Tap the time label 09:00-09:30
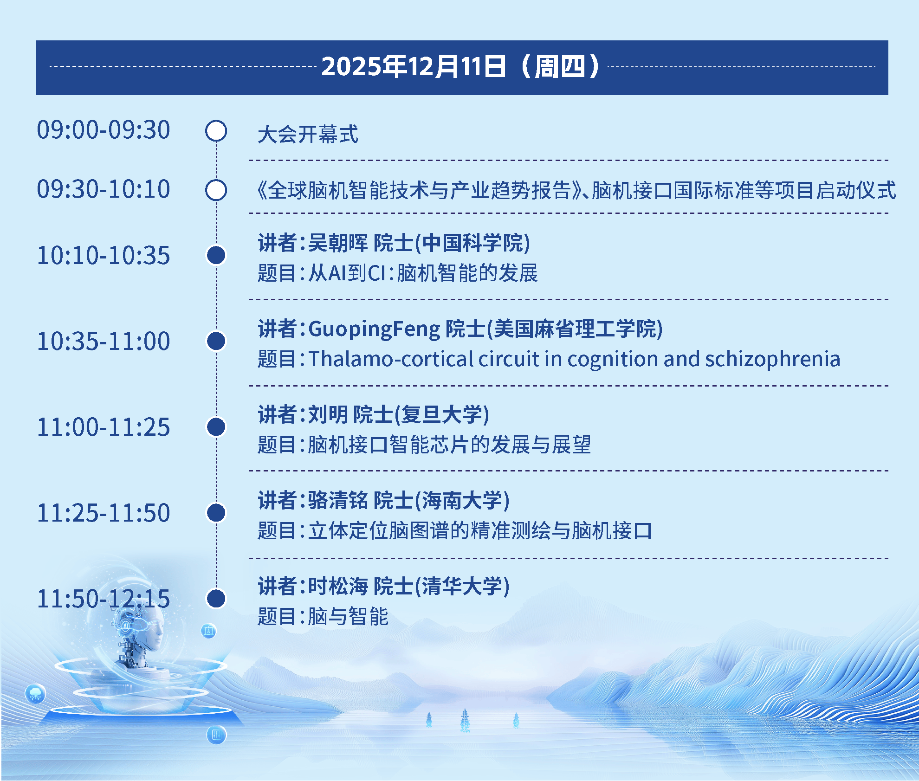tap(104, 130)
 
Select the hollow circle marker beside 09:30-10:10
tap(216, 190)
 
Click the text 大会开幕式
tap(308, 135)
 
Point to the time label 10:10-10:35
tap(104, 256)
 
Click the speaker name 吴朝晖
tap(337, 243)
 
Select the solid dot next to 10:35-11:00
tap(216, 341)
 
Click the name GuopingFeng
tap(374, 329)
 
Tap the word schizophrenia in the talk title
tap(772, 359)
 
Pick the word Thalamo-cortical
tap(391, 359)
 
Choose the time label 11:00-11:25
tap(104, 427)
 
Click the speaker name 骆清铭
tap(337, 501)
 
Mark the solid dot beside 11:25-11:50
tap(216, 513)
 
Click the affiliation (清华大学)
tap(462, 587)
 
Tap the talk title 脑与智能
tap(348, 617)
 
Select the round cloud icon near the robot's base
tap(35, 694)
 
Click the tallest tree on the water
tap(465, 719)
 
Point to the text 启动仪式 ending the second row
tap(856, 190)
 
